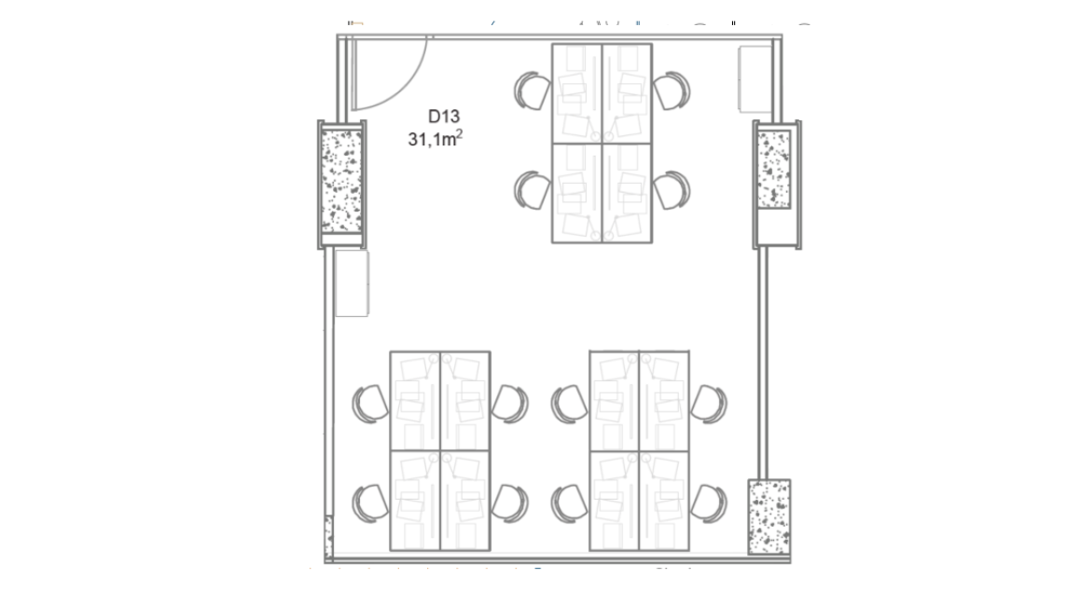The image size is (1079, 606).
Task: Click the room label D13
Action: click(x=444, y=117)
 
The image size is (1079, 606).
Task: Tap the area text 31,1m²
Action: click(x=435, y=138)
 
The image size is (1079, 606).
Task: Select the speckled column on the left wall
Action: click(x=341, y=182)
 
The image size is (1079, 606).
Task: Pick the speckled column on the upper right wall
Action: click(x=773, y=169)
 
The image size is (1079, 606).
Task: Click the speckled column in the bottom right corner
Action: click(x=768, y=516)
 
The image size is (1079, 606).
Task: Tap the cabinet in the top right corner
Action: click(x=754, y=79)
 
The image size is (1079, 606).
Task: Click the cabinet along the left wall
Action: click(x=352, y=283)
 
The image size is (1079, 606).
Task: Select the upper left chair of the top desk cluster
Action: click(x=533, y=90)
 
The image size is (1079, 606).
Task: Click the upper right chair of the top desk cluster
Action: click(x=671, y=90)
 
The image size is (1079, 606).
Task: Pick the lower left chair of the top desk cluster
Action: click(x=533, y=190)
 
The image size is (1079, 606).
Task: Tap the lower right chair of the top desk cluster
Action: click(x=671, y=190)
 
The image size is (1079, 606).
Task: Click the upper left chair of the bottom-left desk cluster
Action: click(x=370, y=404)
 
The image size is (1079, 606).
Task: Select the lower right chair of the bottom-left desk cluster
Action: click(x=510, y=503)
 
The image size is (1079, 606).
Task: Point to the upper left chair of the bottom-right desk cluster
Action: click(x=569, y=404)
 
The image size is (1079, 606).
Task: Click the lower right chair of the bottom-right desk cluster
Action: click(x=709, y=503)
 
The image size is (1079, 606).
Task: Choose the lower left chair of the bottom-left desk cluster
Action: click(x=370, y=503)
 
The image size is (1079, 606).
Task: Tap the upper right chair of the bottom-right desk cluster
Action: click(x=709, y=404)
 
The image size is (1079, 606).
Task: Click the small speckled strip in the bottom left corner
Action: click(x=328, y=536)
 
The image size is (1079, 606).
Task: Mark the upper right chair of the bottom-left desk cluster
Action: click(x=510, y=404)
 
